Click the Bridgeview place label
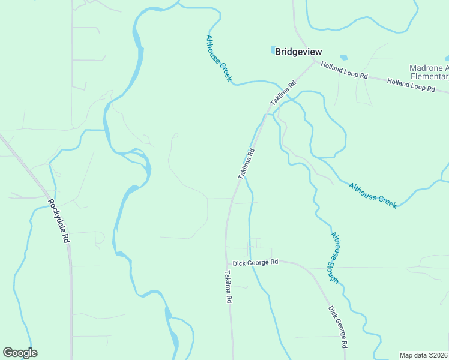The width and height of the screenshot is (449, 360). (x=298, y=52)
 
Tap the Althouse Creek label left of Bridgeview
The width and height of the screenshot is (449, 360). (x=218, y=58)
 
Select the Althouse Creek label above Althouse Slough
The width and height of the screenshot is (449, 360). (x=372, y=196)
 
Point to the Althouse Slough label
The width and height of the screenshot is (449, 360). (x=334, y=257)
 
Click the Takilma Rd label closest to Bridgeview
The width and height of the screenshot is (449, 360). (x=283, y=93)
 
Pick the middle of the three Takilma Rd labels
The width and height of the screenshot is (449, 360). (x=247, y=163)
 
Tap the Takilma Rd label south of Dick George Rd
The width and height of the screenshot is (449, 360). (x=228, y=289)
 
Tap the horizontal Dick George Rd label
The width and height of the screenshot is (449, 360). (x=256, y=263)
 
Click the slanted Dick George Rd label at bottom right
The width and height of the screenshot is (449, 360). (x=338, y=327)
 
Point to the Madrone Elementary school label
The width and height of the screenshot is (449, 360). (x=429, y=72)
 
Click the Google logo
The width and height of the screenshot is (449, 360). (x=20, y=353)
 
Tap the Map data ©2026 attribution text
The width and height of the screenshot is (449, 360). (x=423, y=355)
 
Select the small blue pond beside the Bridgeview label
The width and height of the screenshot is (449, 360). (x=272, y=50)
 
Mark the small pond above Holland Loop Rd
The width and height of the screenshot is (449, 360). (x=343, y=58)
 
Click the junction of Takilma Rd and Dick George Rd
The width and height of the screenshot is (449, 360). (x=227, y=262)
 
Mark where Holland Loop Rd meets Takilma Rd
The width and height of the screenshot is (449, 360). (x=315, y=61)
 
